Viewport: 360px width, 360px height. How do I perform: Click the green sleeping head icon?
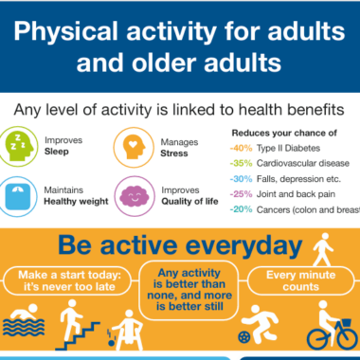[19, 147]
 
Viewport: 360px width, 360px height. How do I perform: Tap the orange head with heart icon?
[134, 148]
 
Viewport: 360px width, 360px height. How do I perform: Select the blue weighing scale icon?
[18, 197]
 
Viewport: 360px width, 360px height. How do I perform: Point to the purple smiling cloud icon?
[135, 196]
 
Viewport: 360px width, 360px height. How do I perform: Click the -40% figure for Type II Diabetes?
[241, 148]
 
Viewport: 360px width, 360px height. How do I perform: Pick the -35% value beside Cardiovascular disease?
[241, 163]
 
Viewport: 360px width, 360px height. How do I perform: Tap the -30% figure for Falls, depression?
[241, 179]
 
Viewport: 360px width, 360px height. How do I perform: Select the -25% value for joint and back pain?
[241, 194]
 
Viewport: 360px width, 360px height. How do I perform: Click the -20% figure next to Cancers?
[241, 209]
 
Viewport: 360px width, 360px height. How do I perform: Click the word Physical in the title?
[65, 32]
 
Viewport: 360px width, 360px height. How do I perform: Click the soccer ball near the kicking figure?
[243, 337]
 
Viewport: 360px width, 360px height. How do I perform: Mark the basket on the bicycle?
[347, 323]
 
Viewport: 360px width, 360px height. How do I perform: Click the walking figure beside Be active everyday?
[323, 249]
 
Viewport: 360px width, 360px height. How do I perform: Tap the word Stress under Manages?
[174, 153]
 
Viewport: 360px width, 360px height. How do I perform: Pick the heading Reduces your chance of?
[284, 133]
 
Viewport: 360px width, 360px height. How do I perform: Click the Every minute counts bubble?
[300, 280]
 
